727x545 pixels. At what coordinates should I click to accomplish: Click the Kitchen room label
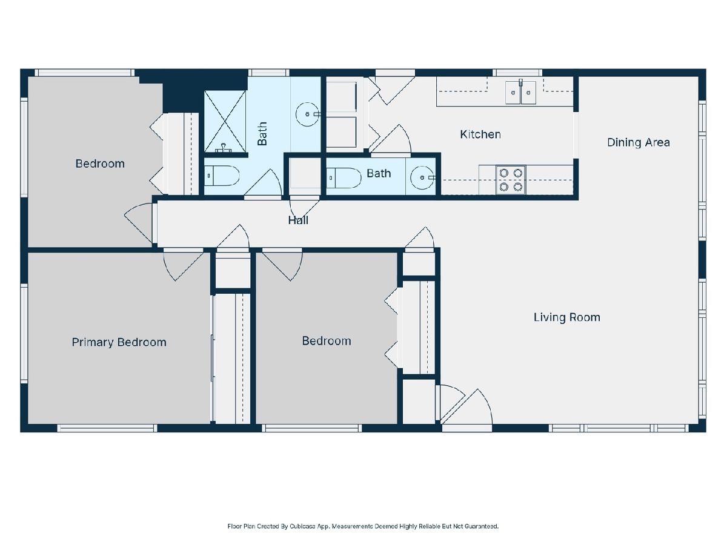coord(480,134)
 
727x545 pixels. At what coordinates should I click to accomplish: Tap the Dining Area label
coord(638,143)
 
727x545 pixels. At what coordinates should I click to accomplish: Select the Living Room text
coord(566,317)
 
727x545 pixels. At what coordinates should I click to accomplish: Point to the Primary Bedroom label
coord(119,342)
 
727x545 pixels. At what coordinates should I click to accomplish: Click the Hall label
coord(298,220)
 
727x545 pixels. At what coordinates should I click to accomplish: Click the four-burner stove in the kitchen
coord(511,180)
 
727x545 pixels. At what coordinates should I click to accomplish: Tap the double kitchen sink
coord(520,93)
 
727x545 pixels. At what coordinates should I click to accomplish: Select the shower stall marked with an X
coord(225,122)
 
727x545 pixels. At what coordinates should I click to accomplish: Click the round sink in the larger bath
coord(307,114)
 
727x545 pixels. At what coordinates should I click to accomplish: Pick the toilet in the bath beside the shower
coord(221,176)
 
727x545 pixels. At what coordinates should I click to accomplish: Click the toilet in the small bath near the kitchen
coord(344,178)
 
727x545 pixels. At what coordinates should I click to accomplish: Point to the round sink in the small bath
coord(422,177)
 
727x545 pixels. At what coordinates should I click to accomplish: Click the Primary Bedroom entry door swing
coord(183,265)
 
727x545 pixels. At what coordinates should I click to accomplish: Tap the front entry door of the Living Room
coord(467,410)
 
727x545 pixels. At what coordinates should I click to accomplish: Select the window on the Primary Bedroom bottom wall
coord(107,428)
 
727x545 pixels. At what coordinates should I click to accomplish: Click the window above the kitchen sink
coord(517,73)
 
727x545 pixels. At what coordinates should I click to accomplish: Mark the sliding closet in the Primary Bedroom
coord(231,359)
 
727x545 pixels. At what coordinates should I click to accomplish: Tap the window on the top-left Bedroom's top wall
coord(85,73)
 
